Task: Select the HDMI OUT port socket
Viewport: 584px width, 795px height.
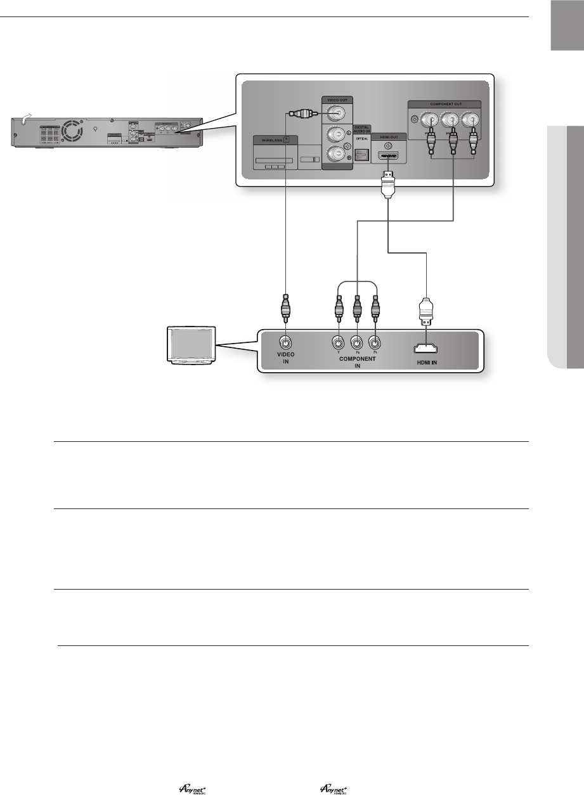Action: (x=387, y=156)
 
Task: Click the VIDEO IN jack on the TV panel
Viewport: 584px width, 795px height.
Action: (x=286, y=344)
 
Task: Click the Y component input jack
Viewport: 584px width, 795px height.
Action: (x=339, y=344)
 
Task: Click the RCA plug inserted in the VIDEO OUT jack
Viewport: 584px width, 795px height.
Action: (x=302, y=114)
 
